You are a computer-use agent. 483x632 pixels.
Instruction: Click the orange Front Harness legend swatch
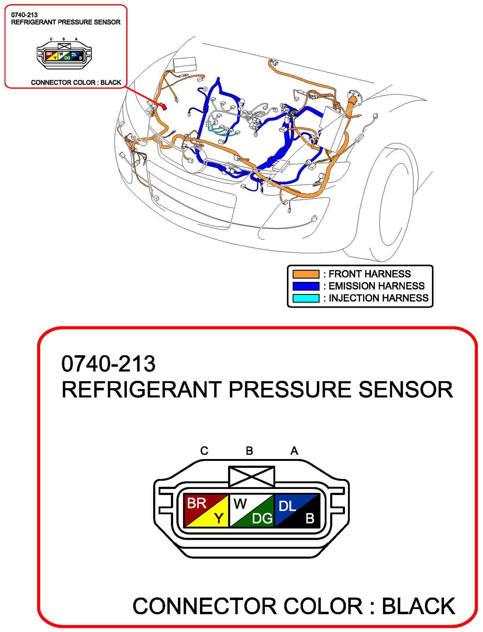306,274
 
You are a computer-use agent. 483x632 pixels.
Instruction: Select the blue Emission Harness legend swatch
306,286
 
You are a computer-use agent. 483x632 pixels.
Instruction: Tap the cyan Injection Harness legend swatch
306,298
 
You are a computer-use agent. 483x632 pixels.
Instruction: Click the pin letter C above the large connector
204,451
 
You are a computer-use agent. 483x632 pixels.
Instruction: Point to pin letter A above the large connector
294,451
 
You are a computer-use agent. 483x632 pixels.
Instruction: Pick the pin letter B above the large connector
249,451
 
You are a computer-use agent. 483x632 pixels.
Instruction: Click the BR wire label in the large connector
196,503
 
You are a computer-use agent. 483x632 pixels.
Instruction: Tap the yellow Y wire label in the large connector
219,518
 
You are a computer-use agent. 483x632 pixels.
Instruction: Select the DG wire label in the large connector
262,518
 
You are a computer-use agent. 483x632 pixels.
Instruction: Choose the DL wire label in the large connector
287,506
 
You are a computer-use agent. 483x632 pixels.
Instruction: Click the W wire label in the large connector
240,504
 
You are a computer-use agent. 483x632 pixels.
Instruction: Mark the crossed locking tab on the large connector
251,477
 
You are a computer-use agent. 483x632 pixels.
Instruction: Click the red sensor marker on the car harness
164,107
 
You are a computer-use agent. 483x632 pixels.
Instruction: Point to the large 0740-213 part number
108,364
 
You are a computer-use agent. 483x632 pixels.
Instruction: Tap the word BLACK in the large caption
418,606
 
